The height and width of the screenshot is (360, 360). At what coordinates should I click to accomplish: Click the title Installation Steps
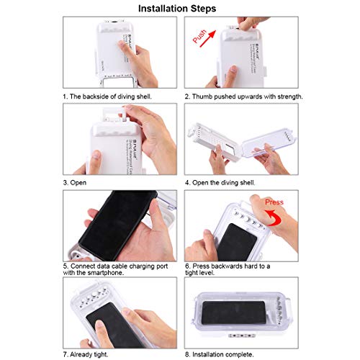pos(179,9)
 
